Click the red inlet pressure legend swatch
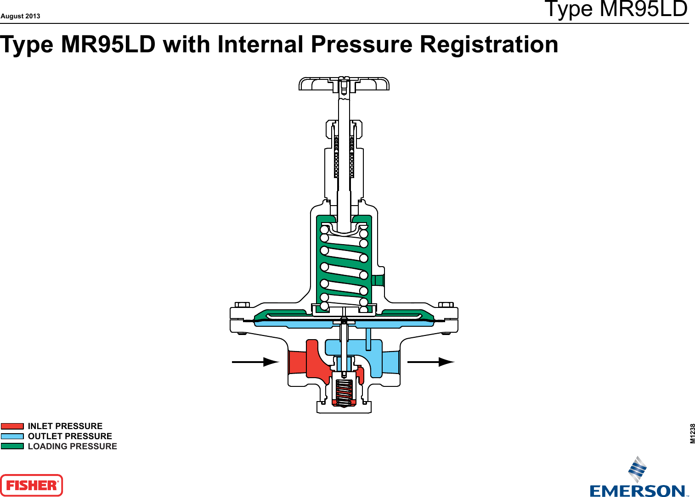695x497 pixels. point(12,426)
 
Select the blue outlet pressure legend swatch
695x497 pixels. point(12,436)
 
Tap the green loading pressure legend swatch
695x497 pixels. point(12,446)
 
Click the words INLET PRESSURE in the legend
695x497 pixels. point(65,426)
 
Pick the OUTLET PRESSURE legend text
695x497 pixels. point(70,436)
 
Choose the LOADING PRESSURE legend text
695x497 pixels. point(72,447)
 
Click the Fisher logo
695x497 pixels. point(31,485)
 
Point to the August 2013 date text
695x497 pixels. point(20,16)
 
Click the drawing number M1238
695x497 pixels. point(692,433)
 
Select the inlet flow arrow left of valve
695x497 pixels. point(255,362)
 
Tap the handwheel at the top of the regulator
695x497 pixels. point(344,84)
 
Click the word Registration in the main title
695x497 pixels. point(489,45)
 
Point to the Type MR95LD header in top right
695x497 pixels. point(616,9)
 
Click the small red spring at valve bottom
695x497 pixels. point(344,393)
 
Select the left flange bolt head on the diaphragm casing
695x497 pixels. point(242,305)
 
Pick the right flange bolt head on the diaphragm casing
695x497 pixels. point(446,305)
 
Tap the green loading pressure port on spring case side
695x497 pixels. point(378,280)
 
